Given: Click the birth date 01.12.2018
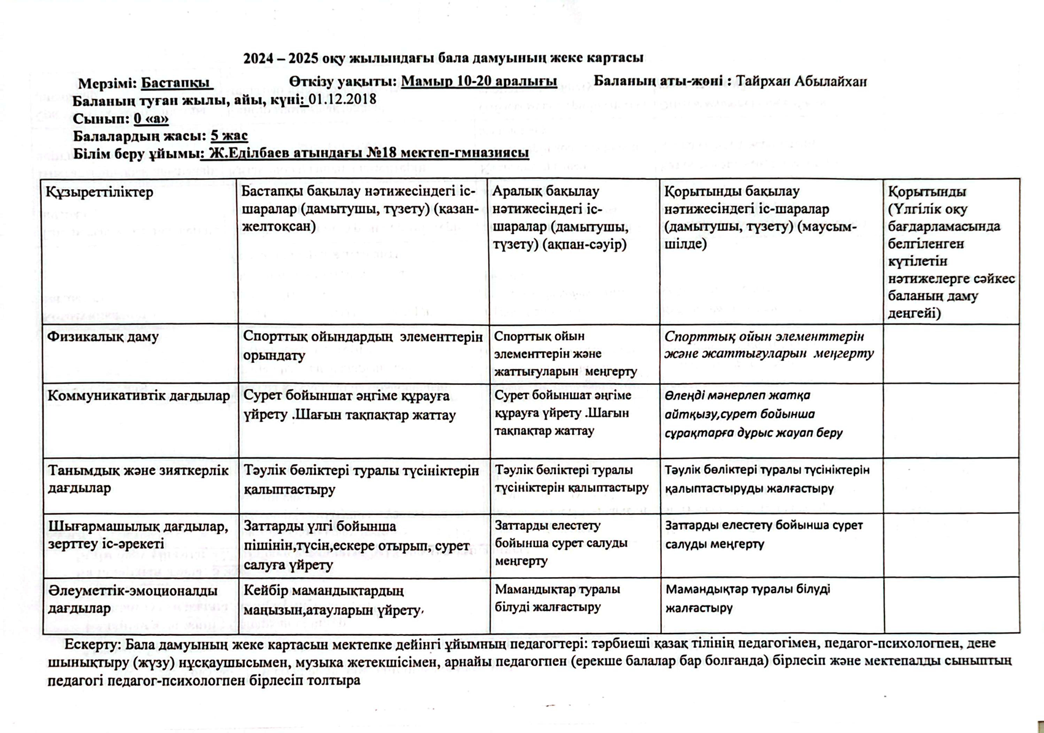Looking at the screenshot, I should (342, 99).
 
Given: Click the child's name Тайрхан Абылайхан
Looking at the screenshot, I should (801, 82).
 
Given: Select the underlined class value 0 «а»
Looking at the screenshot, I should (151, 118).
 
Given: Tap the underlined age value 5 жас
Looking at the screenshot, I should (229, 136).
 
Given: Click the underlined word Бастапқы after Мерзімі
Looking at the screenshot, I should (176, 83).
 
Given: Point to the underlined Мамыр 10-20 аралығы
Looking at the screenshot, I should (478, 82).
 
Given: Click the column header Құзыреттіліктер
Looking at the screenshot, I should (99, 192).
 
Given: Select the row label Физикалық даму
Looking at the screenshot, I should (103, 336).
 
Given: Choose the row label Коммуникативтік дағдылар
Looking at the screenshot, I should (139, 396).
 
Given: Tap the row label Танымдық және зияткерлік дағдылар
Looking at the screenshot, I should (139, 479).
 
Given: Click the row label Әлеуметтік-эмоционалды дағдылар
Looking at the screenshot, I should (132, 599).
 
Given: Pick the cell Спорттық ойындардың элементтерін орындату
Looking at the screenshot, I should (363, 345).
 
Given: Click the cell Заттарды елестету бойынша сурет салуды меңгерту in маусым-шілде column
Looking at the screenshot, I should (764, 534).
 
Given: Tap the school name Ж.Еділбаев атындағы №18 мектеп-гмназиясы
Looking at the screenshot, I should (369, 153).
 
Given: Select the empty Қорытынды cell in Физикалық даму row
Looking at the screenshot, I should (951, 354).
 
